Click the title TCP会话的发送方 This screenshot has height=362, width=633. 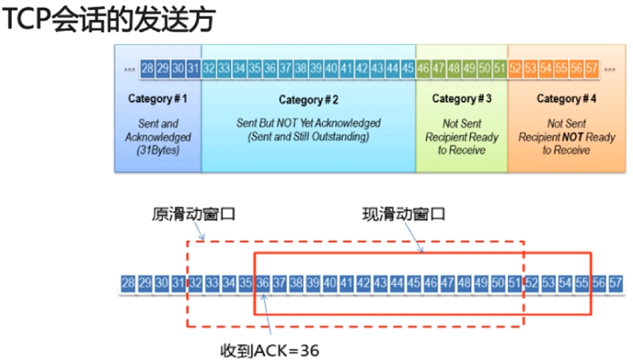pos(108,20)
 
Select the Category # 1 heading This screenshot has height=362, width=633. pos(158,99)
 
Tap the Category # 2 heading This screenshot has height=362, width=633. pos(308,99)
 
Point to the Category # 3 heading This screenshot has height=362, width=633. pos(462,99)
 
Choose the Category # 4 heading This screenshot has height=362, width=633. pos(566,99)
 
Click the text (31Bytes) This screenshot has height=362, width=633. pos(158,150)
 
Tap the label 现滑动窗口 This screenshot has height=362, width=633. pos(399,214)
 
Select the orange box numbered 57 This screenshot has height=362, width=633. pos(592,68)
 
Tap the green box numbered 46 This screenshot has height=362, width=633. pos(423,68)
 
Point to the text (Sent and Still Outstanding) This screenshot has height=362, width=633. pos(308,136)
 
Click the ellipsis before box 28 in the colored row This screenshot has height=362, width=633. pos(129,68)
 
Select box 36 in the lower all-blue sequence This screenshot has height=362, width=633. pos(262,283)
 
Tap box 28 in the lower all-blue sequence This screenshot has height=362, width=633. pos(128,283)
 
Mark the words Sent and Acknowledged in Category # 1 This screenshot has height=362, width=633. pos(158,129)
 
